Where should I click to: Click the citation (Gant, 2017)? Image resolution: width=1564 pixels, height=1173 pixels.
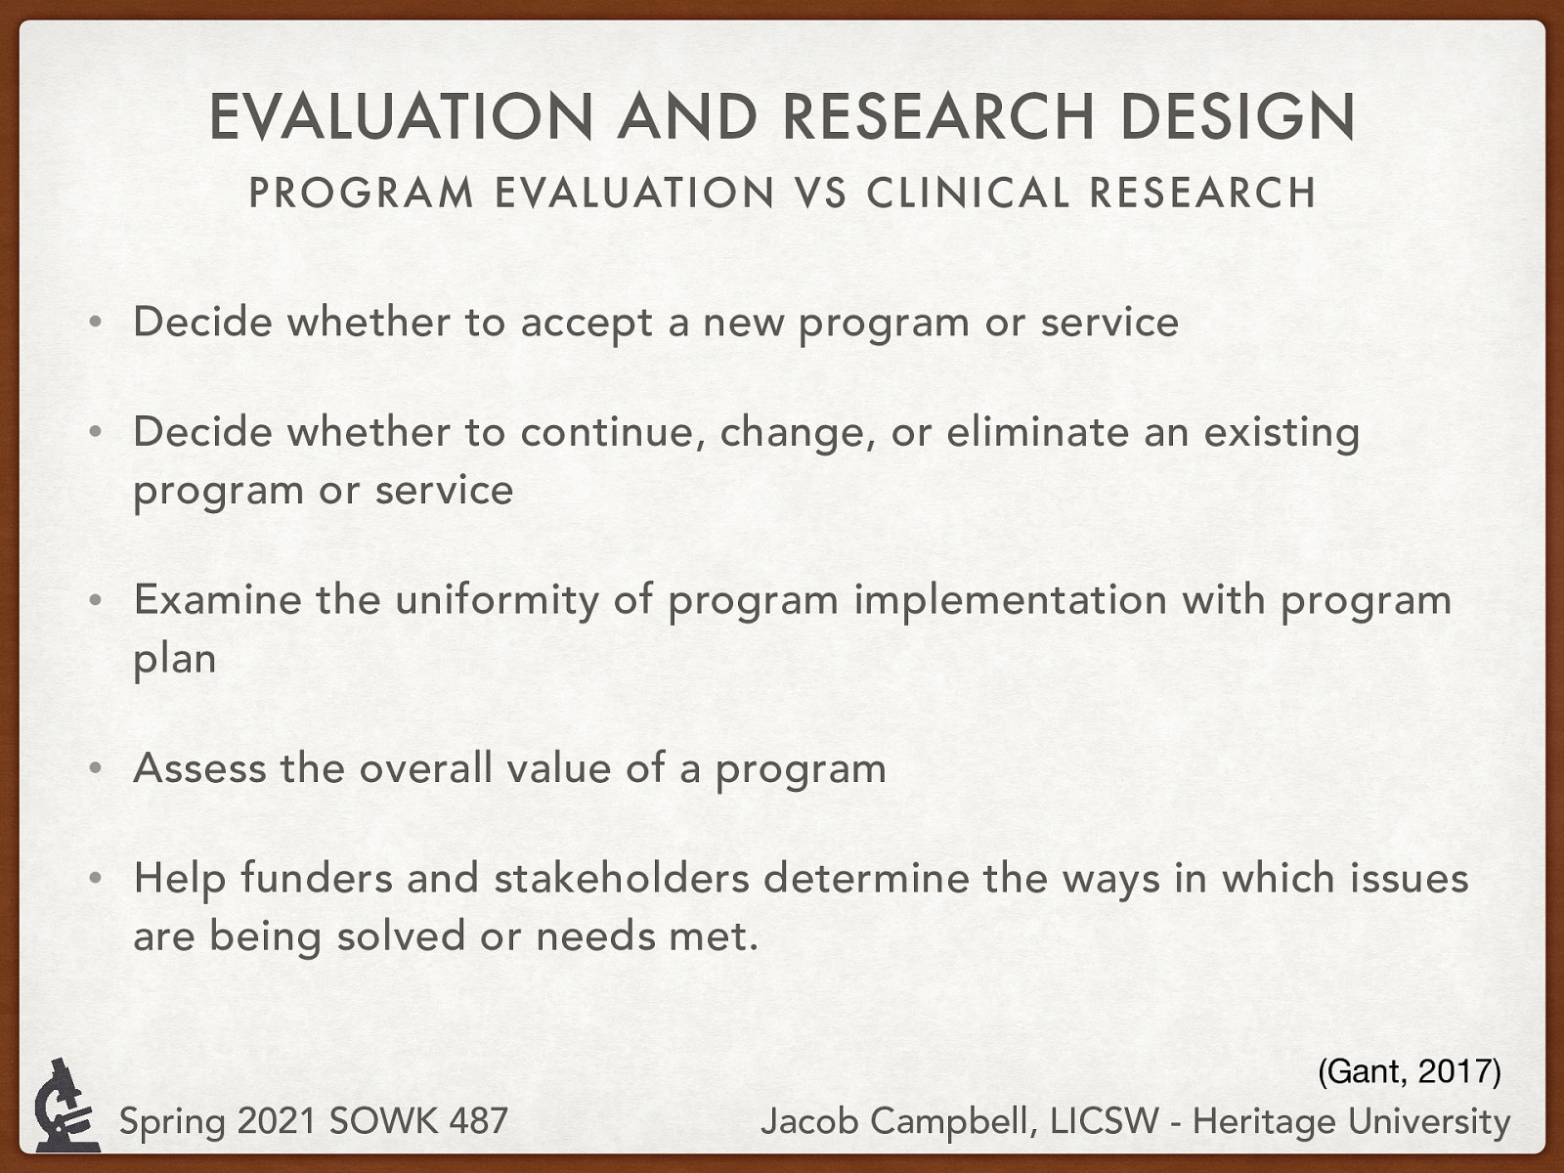coord(1409,1071)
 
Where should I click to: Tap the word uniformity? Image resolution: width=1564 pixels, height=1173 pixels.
coord(497,599)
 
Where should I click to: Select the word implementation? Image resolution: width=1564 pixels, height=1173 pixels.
coord(1010,599)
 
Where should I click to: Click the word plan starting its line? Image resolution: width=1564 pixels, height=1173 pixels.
coord(174,660)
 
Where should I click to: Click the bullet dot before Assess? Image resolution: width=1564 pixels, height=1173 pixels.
coord(95,770)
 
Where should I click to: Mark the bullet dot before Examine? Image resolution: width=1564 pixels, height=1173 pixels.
coord(95,601)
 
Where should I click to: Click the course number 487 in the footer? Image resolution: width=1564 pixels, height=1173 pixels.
coord(477,1120)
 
